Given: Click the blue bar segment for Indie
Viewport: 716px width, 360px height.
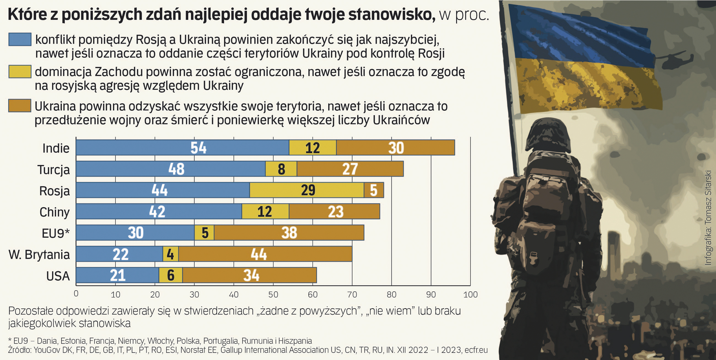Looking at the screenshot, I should [182, 148].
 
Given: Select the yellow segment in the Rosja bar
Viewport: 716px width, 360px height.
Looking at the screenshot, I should [307, 190].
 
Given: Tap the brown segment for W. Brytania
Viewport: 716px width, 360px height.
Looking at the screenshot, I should [265, 254].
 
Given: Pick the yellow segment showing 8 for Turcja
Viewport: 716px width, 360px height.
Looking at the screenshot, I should [281, 169].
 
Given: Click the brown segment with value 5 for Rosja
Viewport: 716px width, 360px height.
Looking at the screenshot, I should [374, 190].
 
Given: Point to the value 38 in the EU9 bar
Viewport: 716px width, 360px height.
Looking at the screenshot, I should [289, 233].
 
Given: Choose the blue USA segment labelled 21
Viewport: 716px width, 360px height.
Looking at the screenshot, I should [117, 275].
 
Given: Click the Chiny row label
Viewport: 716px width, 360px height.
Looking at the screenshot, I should [54, 212].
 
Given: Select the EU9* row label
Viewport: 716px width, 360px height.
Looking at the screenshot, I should [56, 233].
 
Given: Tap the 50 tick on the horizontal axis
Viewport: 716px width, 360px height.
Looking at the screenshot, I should [273, 294].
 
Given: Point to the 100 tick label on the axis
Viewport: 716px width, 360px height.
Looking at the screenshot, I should [470, 294].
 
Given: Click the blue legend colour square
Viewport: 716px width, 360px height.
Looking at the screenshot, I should [20, 40].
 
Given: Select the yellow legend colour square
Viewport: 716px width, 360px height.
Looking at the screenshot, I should [20, 72].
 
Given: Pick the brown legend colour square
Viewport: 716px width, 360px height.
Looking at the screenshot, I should [20, 106].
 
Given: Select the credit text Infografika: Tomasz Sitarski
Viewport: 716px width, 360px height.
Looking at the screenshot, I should [708, 218].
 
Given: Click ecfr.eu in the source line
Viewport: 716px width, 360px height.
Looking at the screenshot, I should [476, 350].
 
